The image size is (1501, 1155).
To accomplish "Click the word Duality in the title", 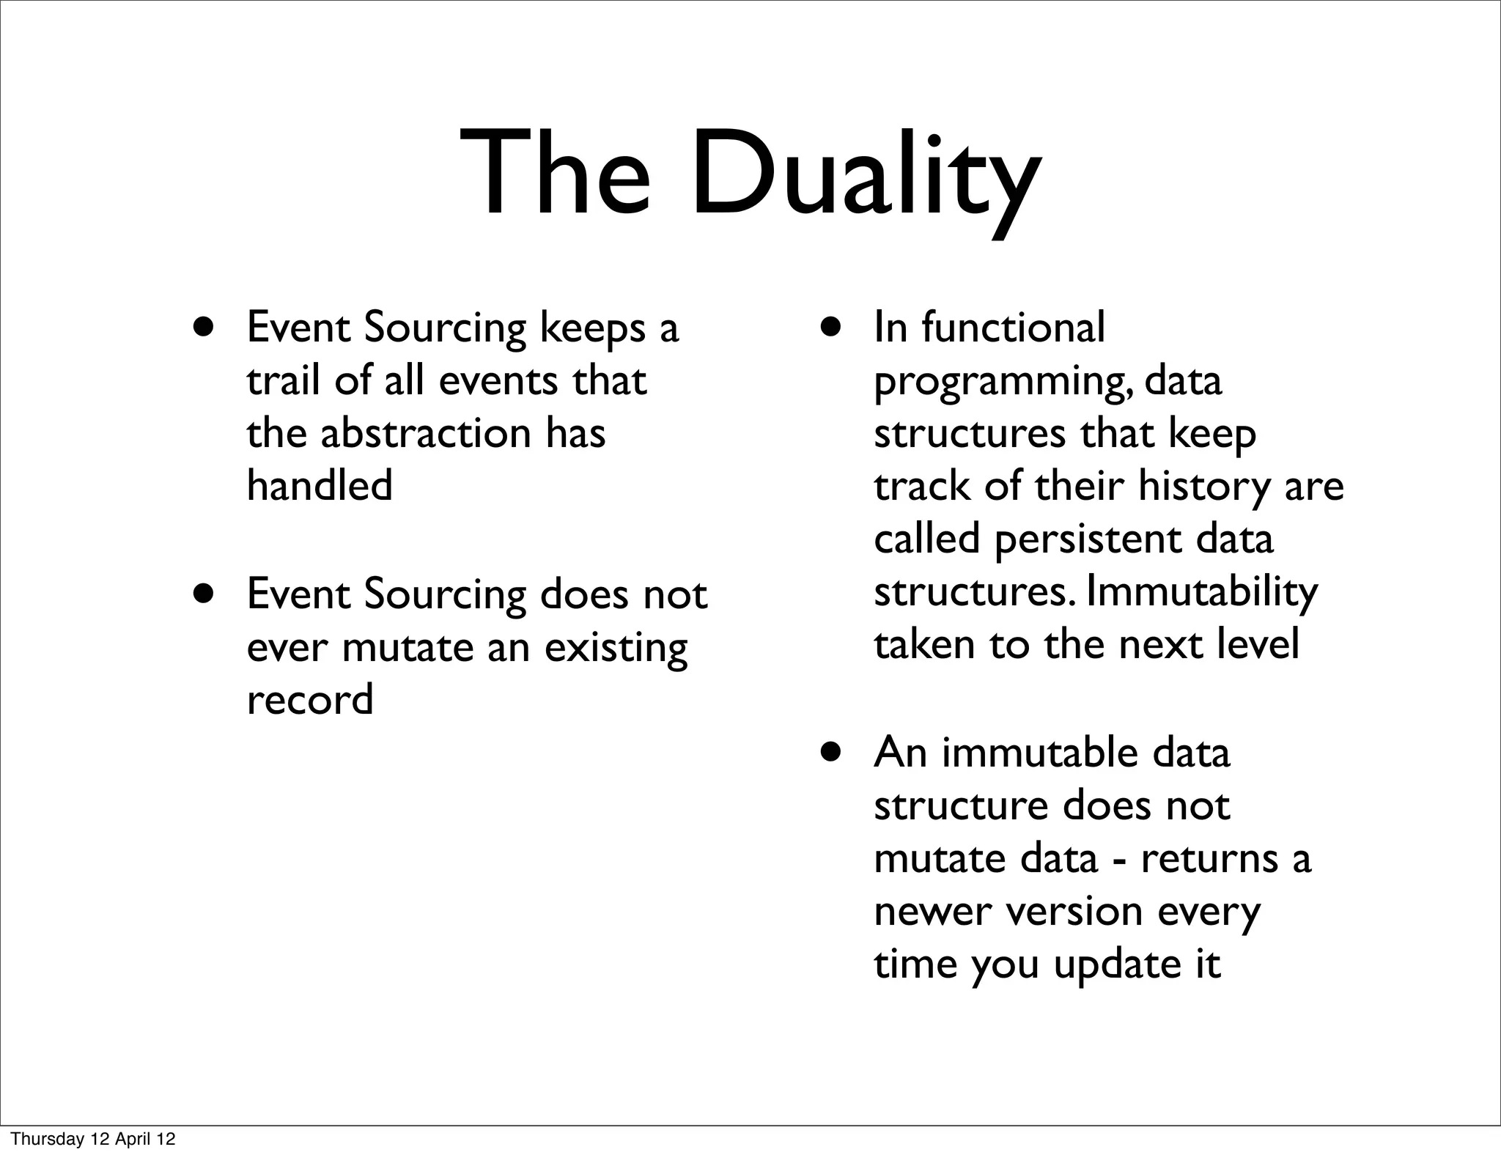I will pyautogui.click(x=865, y=176).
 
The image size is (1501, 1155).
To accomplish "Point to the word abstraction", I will pyautogui.click(x=426, y=433).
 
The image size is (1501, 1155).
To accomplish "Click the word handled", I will pyautogui.click(x=320, y=485).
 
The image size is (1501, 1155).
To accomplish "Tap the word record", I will pyautogui.click(x=310, y=700).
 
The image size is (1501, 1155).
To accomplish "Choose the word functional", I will pyautogui.click(x=1013, y=328).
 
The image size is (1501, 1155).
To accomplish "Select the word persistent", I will pyautogui.click(x=1088, y=539).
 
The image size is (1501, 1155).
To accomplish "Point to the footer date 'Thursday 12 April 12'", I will pyautogui.click(x=93, y=1140).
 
